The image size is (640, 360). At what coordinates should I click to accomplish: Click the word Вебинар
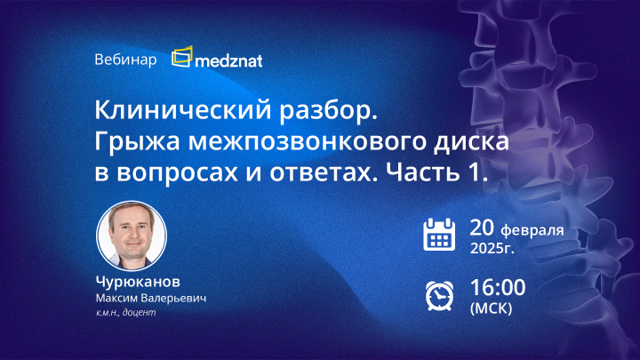pos(124,60)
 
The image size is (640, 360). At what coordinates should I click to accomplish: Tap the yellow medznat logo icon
pos(182,58)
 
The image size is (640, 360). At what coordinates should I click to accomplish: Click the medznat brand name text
pos(229,60)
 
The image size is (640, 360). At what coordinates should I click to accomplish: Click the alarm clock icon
pos(438,294)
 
